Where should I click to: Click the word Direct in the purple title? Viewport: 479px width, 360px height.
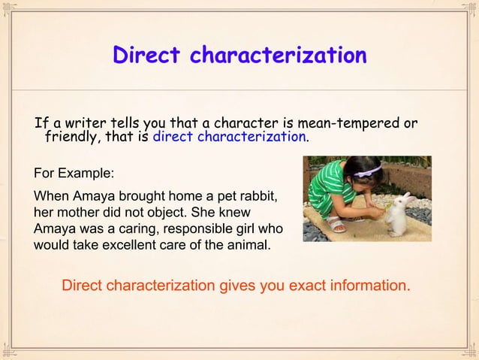pyautogui.click(x=147, y=56)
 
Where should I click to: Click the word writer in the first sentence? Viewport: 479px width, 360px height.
pyautogui.click(x=78, y=123)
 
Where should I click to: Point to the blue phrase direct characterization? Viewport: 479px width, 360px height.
pyautogui.click(x=229, y=138)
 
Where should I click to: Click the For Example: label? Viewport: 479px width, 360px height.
pyautogui.click(x=74, y=173)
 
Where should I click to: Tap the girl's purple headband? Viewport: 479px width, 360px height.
pyautogui.click(x=369, y=171)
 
